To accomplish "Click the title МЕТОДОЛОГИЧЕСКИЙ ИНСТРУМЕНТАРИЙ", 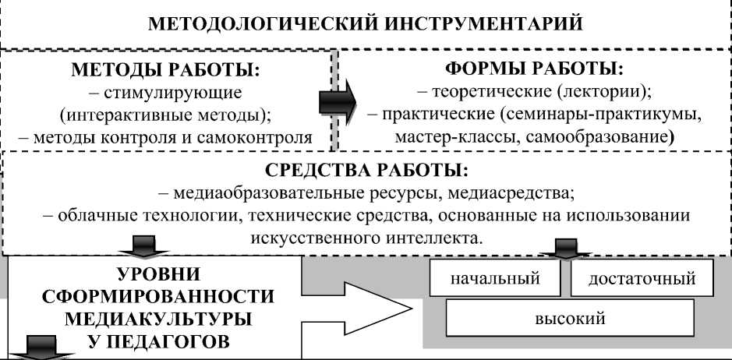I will (365, 21).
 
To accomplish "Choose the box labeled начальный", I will (495, 279).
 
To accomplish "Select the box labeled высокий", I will (569, 318).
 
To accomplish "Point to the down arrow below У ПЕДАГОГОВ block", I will (42, 348).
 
